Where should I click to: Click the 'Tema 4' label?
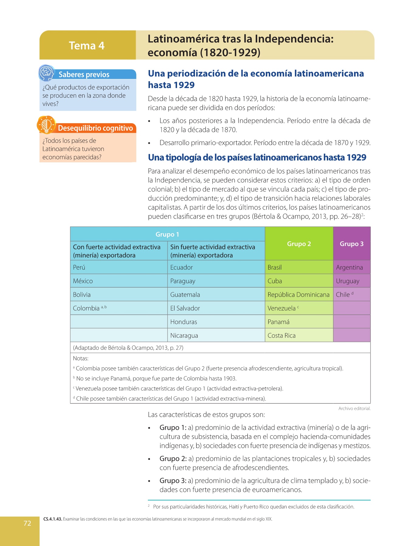87,45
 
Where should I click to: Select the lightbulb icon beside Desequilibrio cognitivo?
46,125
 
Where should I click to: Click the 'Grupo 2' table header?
299,244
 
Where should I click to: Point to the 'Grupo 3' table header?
351,244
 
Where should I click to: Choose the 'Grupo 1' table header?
167,234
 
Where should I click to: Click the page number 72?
27,523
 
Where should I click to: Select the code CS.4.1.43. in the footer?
53,519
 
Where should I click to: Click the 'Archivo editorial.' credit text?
354,409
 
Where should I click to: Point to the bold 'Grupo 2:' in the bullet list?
173,459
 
